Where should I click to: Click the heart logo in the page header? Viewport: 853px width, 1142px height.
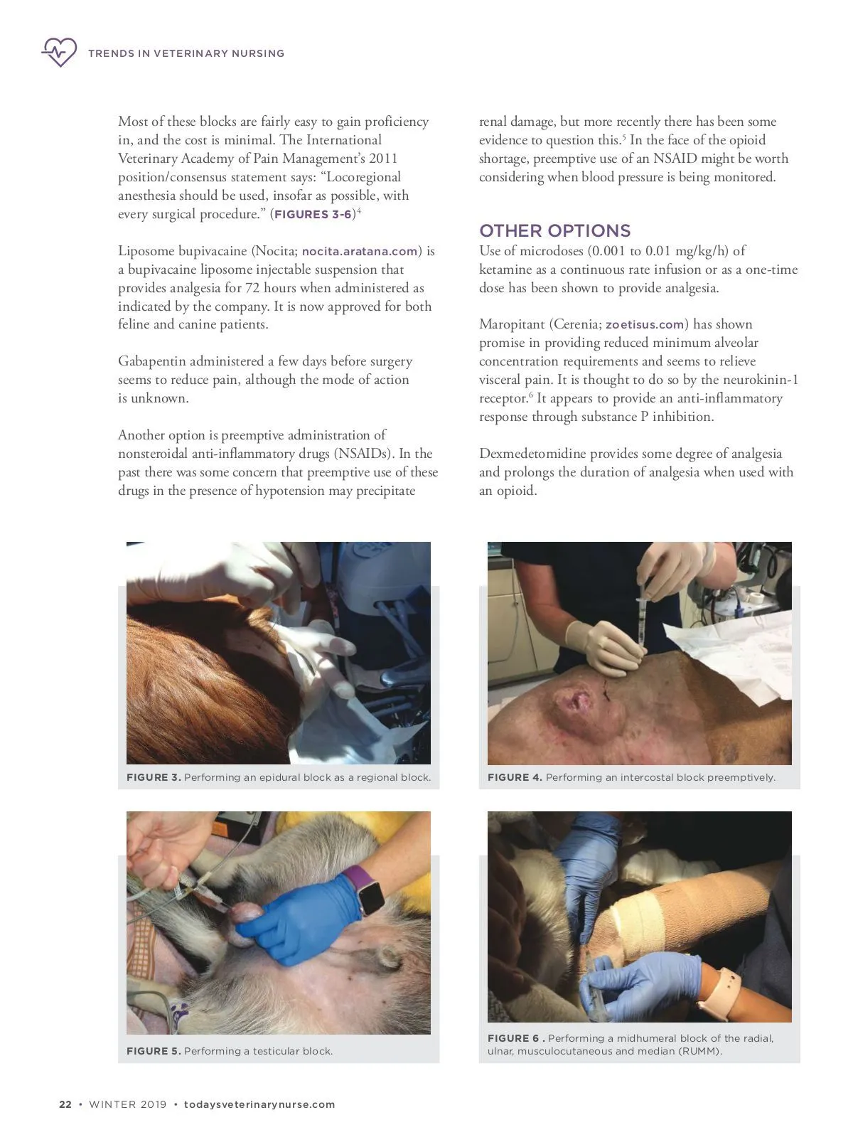click(x=59, y=52)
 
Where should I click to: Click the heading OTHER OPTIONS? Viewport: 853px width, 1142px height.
click(x=554, y=230)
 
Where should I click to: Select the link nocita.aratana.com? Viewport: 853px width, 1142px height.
click(x=360, y=251)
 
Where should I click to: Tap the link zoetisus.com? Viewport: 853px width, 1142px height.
click(x=645, y=325)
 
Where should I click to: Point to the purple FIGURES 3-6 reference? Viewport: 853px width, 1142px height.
click(x=313, y=214)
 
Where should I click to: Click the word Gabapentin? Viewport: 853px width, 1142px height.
click(x=150, y=362)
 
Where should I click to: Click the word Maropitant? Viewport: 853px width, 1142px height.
click(x=512, y=325)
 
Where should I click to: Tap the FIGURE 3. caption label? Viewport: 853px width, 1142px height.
click(x=154, y=777)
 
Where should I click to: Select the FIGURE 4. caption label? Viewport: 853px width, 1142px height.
click(x=515, y=777)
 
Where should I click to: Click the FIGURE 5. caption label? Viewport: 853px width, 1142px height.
click(x=154, y=1051)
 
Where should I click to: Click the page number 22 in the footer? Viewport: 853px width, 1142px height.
click(x=65, y=1104)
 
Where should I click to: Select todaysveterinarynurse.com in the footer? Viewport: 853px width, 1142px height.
click(x=259, y=1104)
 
